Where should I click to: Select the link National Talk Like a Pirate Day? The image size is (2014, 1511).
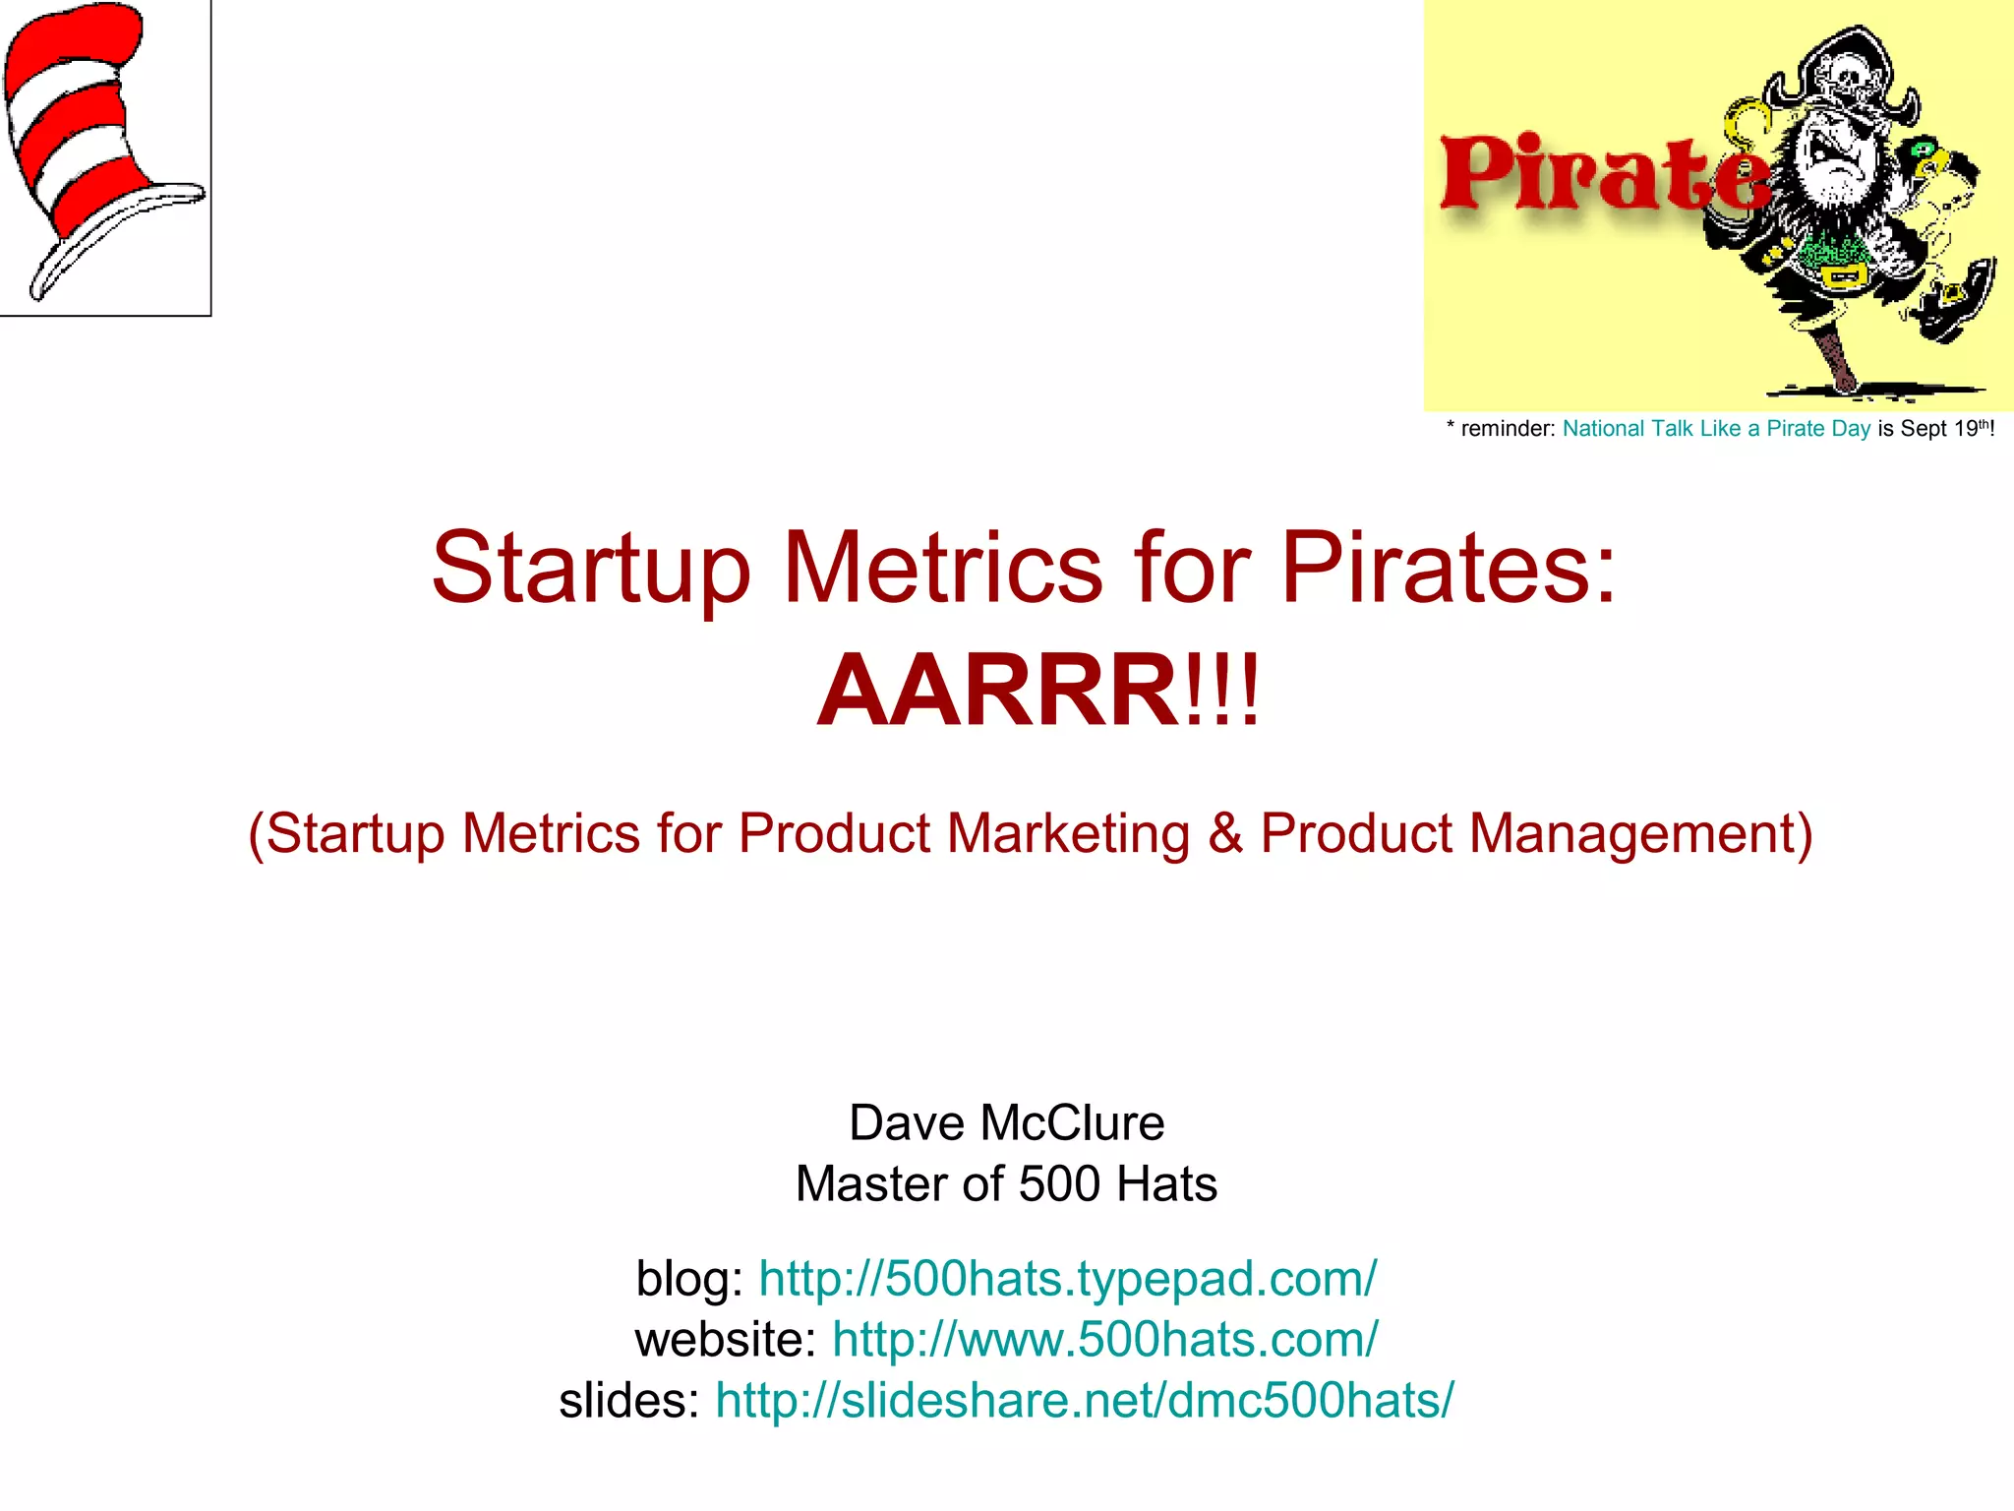click(x=1716, y=429)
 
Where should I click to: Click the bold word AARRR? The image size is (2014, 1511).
click(x=998, y=692)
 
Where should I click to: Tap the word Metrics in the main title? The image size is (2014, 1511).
click(x=941, y=569)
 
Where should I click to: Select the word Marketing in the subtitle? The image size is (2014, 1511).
click(x=1068, y=833)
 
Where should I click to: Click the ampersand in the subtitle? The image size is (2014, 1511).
click(x=1225, y=833)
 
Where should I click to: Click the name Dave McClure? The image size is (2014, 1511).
click(x=1006, y=1123)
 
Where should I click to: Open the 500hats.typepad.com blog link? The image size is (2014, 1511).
click(x=1067, y=1279)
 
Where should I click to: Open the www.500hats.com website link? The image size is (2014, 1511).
click(x=1104, y=1340)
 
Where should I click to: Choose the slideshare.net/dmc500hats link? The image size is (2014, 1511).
click(x=1084, y=1401)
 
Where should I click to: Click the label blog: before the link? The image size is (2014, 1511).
click(x=689, y=1279)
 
